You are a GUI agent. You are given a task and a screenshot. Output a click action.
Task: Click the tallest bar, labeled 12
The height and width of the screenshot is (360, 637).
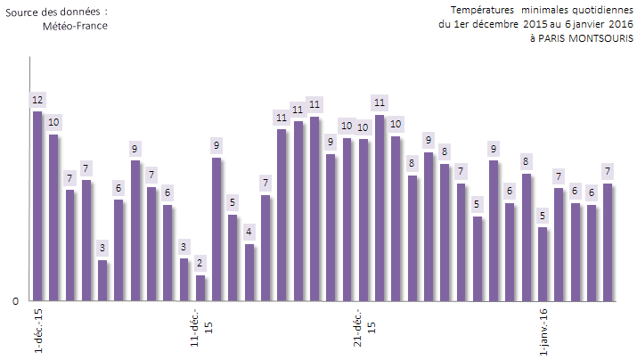coord(37,206)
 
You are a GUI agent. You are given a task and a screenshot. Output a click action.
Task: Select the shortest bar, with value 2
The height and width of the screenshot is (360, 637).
coord(200,288)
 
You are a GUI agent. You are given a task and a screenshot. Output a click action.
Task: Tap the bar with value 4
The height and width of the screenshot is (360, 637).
coord(249,272)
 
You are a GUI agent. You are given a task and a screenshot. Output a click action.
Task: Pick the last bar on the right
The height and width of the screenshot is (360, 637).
coord(608,241)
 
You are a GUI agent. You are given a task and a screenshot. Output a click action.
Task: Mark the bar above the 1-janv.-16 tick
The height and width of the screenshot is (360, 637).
coord(543,264)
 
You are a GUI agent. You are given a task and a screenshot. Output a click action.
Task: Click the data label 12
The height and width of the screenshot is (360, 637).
coord(37,99)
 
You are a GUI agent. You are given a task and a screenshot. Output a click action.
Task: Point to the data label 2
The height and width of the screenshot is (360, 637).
coord(200,263)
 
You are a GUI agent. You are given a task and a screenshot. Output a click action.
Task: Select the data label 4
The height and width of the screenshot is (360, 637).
coord(249,232)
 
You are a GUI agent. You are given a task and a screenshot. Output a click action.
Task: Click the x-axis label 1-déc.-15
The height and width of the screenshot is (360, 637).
coord(38,330)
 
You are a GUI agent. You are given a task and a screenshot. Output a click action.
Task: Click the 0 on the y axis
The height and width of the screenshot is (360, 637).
coord(15,301)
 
